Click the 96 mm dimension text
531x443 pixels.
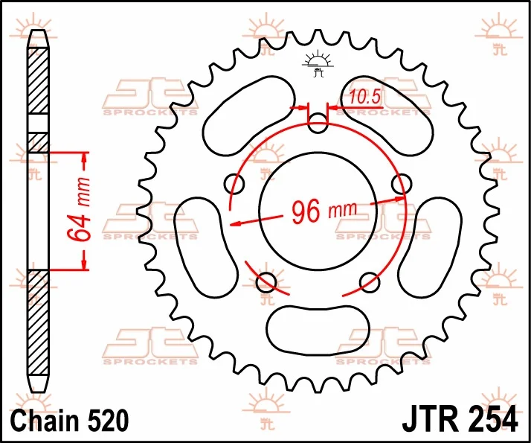324,211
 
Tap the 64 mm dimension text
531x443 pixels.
80,209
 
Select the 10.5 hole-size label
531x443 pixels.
365,97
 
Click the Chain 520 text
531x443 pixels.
70,420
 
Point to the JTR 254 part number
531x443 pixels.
460,420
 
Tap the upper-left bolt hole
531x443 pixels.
234,184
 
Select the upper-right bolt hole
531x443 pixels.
402,184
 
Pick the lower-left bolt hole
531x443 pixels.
266,282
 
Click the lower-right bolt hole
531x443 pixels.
370,282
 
